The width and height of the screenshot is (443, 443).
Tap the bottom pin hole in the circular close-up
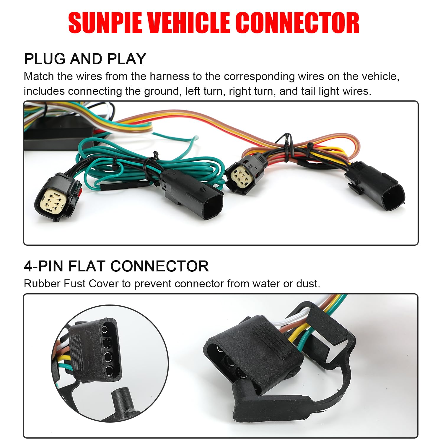coord(109,370)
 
